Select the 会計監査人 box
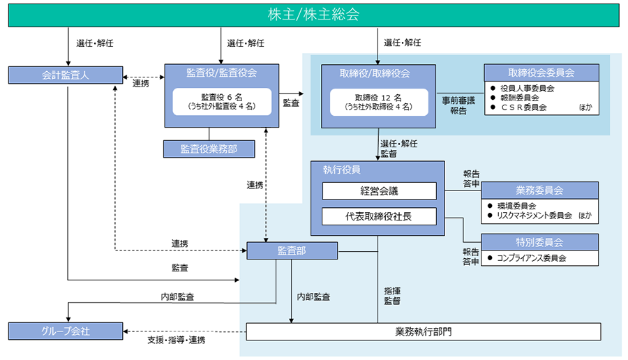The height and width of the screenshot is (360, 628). point(66,75)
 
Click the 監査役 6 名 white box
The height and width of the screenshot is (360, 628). point(221,102)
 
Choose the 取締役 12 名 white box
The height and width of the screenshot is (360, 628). point(377,102)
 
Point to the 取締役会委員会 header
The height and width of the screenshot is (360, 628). point(541,73)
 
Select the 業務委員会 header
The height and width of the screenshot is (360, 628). point(540,190)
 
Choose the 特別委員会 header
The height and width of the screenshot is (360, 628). point(540,242)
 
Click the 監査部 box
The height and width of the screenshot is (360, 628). point(292,250)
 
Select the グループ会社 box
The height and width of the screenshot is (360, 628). point(66,330)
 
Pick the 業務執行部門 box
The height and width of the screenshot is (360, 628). point(424,331)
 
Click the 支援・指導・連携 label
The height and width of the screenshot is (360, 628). point(177,340)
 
